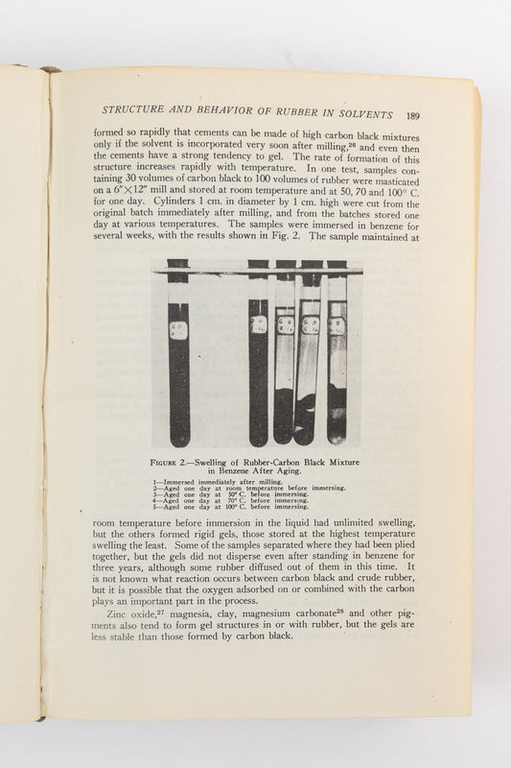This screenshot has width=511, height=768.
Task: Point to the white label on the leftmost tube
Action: point(178,330)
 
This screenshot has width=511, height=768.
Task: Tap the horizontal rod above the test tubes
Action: point(259,273)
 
